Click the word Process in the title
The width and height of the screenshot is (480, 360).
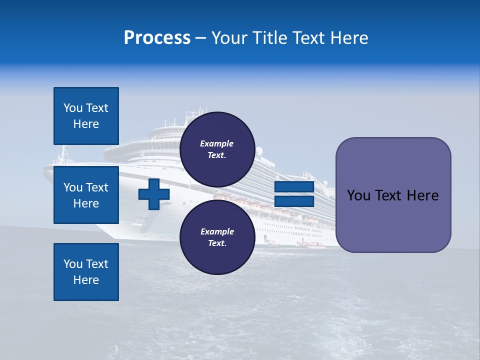coord(157,38)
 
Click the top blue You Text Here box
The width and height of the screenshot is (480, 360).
coord(86,116)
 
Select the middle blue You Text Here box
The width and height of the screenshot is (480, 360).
coord(86,195)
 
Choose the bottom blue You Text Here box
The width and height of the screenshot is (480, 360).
coord(86,271)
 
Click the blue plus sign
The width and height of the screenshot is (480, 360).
coord(153,194)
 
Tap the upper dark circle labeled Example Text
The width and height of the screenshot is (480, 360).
coord(217,149)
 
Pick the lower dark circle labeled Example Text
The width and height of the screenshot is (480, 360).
coord(217,237)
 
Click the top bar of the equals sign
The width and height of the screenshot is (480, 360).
coord(294,187)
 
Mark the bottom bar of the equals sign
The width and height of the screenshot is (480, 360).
coord(294,201)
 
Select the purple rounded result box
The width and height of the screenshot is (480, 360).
coord(393,195)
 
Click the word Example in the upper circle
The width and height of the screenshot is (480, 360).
coord(217,143)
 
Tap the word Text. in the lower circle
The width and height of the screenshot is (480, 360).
coord(217,243)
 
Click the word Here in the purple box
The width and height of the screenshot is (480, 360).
coord(422,195)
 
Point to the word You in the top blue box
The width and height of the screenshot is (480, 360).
coord(73,108)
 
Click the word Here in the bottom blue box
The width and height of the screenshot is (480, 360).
coord(86,280)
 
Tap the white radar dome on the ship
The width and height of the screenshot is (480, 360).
coord(259,150)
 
